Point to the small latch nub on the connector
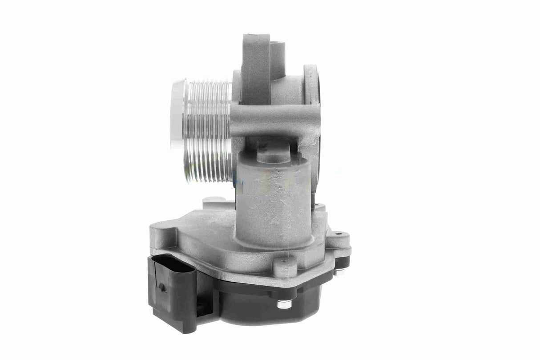pyautogui.click(x=163, y=287)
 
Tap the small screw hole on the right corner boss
pyautogui.click(x=340, y=233)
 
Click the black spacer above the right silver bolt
pyautogui.click(x=342, y=262)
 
